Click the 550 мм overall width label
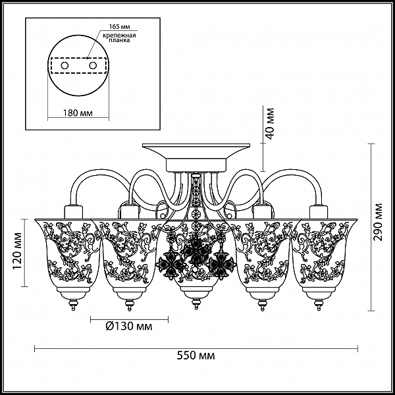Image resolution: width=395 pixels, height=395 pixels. coord(196,355)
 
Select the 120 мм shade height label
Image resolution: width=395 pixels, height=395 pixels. coord(18,250)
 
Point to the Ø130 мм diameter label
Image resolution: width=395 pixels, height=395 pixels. coord(129,327)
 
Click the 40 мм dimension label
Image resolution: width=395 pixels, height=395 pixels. coord(269,124)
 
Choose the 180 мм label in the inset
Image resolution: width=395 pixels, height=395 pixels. coord(78,113)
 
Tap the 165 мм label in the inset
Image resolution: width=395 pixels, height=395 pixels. coord(119,27)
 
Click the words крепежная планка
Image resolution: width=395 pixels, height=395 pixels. coord(119,38)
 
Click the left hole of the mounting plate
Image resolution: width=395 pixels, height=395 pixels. coord(65,66)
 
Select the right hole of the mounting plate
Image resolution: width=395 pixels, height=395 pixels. coord(93,66)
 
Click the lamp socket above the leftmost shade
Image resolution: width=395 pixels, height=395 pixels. coord(74,212)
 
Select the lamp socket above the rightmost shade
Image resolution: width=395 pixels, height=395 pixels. coord(319,212)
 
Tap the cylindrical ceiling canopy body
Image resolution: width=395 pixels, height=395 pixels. coord(196,165)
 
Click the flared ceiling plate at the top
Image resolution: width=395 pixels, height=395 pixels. coord(196,151)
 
